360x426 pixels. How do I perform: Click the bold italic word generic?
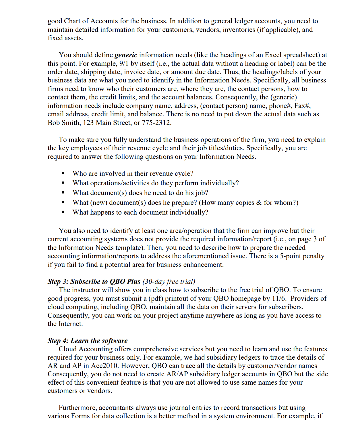(x=126, y=55)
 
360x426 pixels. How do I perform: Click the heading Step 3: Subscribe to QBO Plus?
(x=94, y=282)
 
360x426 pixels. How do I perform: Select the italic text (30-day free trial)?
(x=169, y=282)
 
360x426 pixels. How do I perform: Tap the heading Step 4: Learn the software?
(x=88, y=341)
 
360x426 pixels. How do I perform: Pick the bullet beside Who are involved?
(x=63, y=174)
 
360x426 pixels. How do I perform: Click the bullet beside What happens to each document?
(x=63, y=213)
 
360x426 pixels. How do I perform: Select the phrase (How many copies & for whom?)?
(x=249, y=203)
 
